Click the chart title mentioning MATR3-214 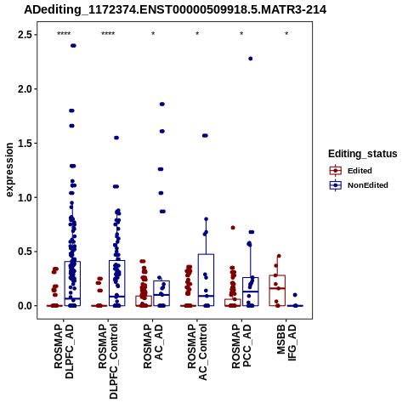pyautogui.click(x=175, y=9)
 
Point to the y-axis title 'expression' pyautogui.click(x=9, y=170)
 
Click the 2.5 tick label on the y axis pyautogui.click(x=25, y=35)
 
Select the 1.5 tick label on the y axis pyautogui.click(x=25, y=143)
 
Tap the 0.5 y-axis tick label pyautogui.click(x=25, y=252)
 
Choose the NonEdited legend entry pyautogui.click(x=359, y=185)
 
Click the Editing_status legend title pyautogui.click(x=363, y=154)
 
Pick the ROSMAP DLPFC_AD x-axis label pyautogui.click(x=64, y=351)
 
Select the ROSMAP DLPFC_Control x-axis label pyautogui.click(x=108, y=361)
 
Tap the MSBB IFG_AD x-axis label pyautogui.click(x=286, y=343)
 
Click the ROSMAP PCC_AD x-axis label pyautogui.click(x=241, y=346)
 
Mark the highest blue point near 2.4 pyautogui.click(x=73, y=46)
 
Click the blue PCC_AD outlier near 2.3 pyautogui.click(x=251, y=59)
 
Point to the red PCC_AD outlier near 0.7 pyautogui.click(x=233, y=228)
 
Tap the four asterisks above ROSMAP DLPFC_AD pyautogui.click(x=64, y=34)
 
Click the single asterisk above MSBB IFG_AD pyautogui.click(x=286, y=34)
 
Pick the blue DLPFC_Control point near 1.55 pyautogui.click(x=116, y=138)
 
